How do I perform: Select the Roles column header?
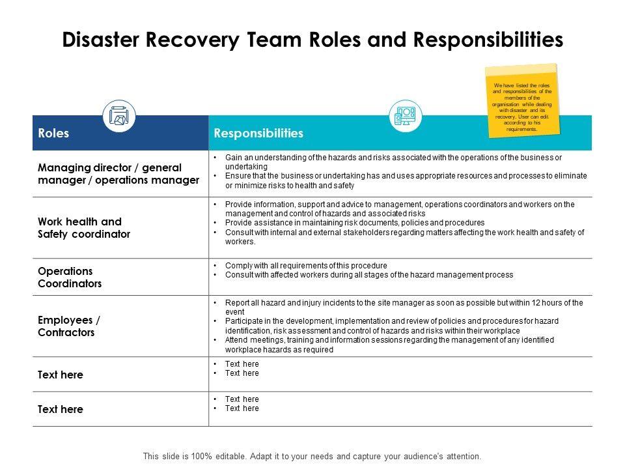(54, 133)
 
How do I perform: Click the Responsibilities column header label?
(258, 133)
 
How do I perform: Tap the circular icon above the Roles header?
(119, 116)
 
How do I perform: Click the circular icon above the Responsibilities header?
(405, 117)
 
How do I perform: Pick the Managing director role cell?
(118, 174)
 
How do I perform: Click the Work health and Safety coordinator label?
(84, 227)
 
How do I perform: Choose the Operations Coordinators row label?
(70, 277)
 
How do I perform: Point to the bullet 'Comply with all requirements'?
(306, 266)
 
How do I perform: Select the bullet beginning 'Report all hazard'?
(404, 307)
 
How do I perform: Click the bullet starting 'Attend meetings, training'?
(389, 345)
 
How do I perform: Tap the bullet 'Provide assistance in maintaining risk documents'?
(355, 222)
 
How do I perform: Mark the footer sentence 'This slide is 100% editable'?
(312, 456)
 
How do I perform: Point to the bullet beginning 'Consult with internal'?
(404, 236)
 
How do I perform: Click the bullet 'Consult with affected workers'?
(369, 275)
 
